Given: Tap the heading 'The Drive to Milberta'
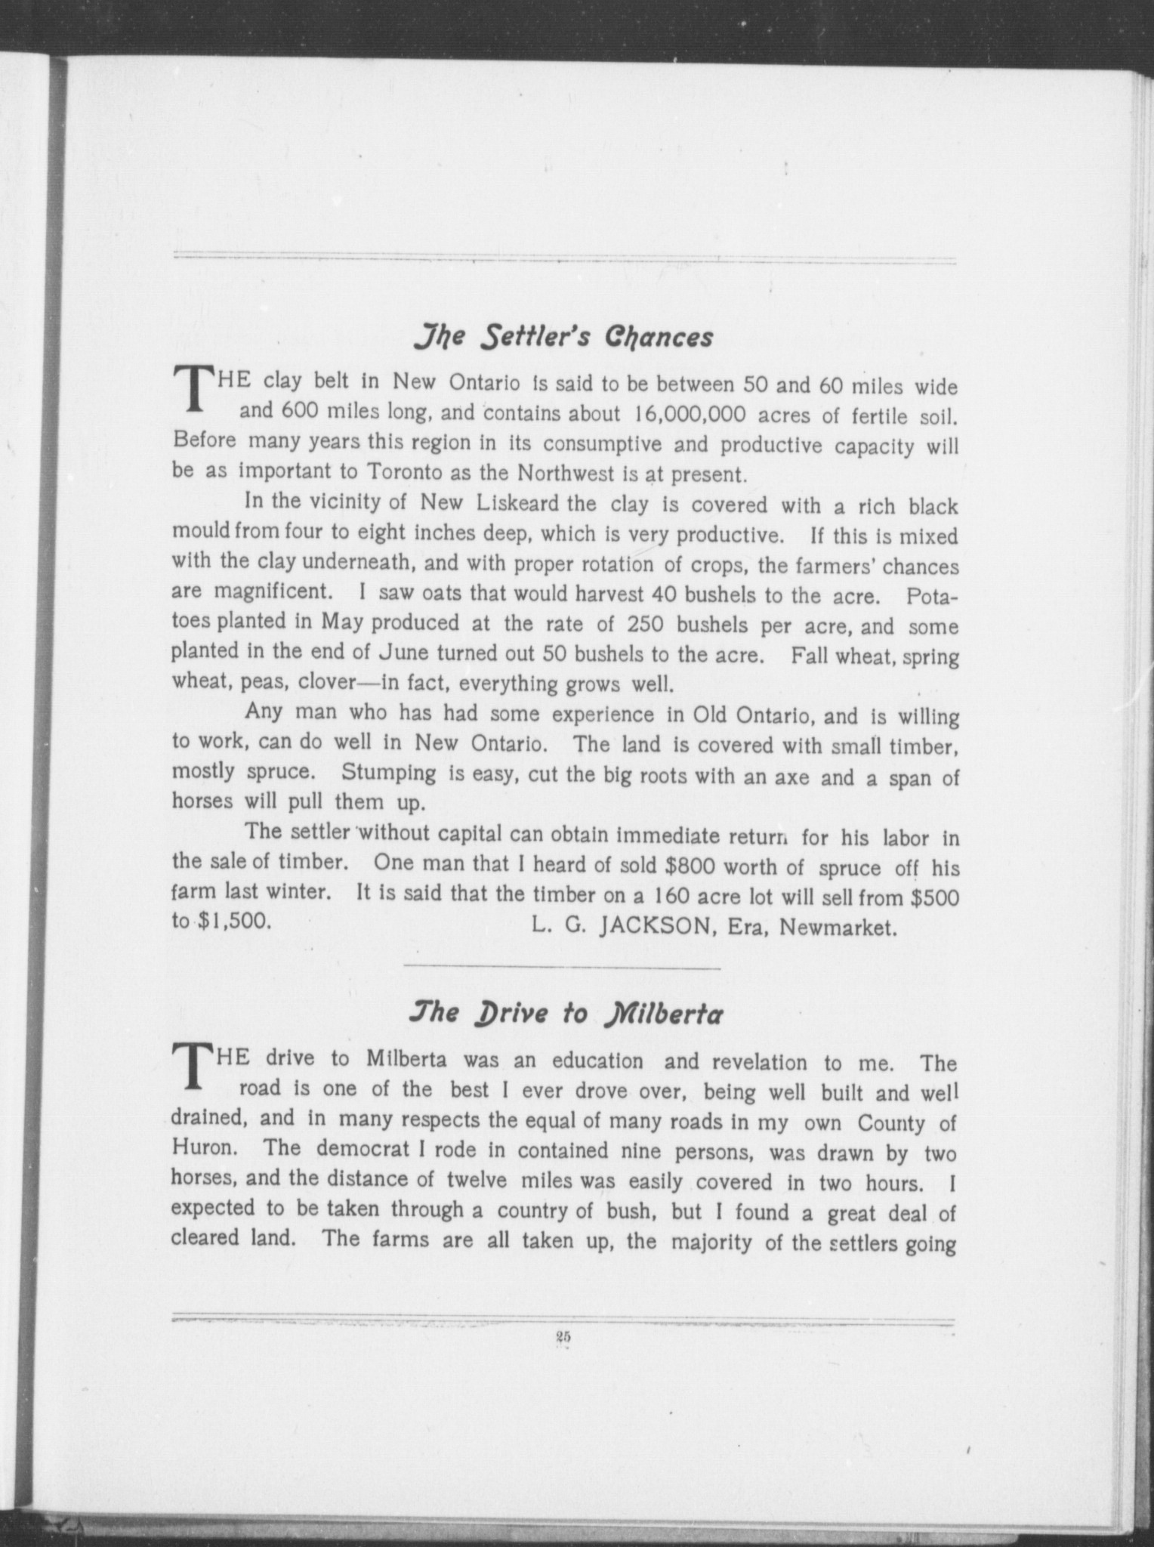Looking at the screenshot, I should (x=563, y=1014).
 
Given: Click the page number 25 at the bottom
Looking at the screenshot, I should (x=563, y=1336).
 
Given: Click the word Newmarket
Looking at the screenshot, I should (x=838, y=927).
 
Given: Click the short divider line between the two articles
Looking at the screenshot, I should (x=563, y=967).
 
